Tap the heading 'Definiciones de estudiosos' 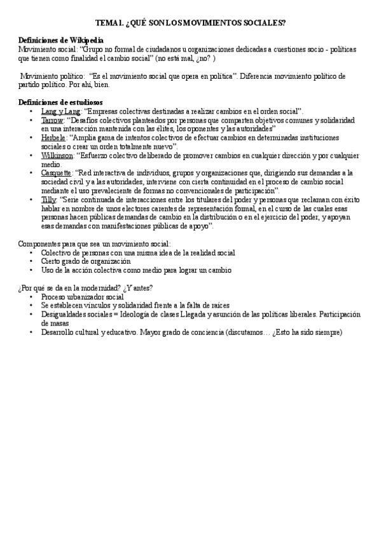click(x=62, y=102)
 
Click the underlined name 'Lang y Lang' click(x=61, y=111)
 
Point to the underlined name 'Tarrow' click(x=52, y=119)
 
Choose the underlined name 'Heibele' click(x=53, y=137)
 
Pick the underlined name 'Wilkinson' click(x=57, y=154)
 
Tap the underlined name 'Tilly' click(x=49, y=199)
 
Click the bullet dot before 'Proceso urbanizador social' click(x=31, y=297)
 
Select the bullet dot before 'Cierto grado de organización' click(x=31, y=261)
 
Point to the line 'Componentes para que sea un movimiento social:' click(x=95, y=244)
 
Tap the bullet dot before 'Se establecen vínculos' click(x=31, y=306)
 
